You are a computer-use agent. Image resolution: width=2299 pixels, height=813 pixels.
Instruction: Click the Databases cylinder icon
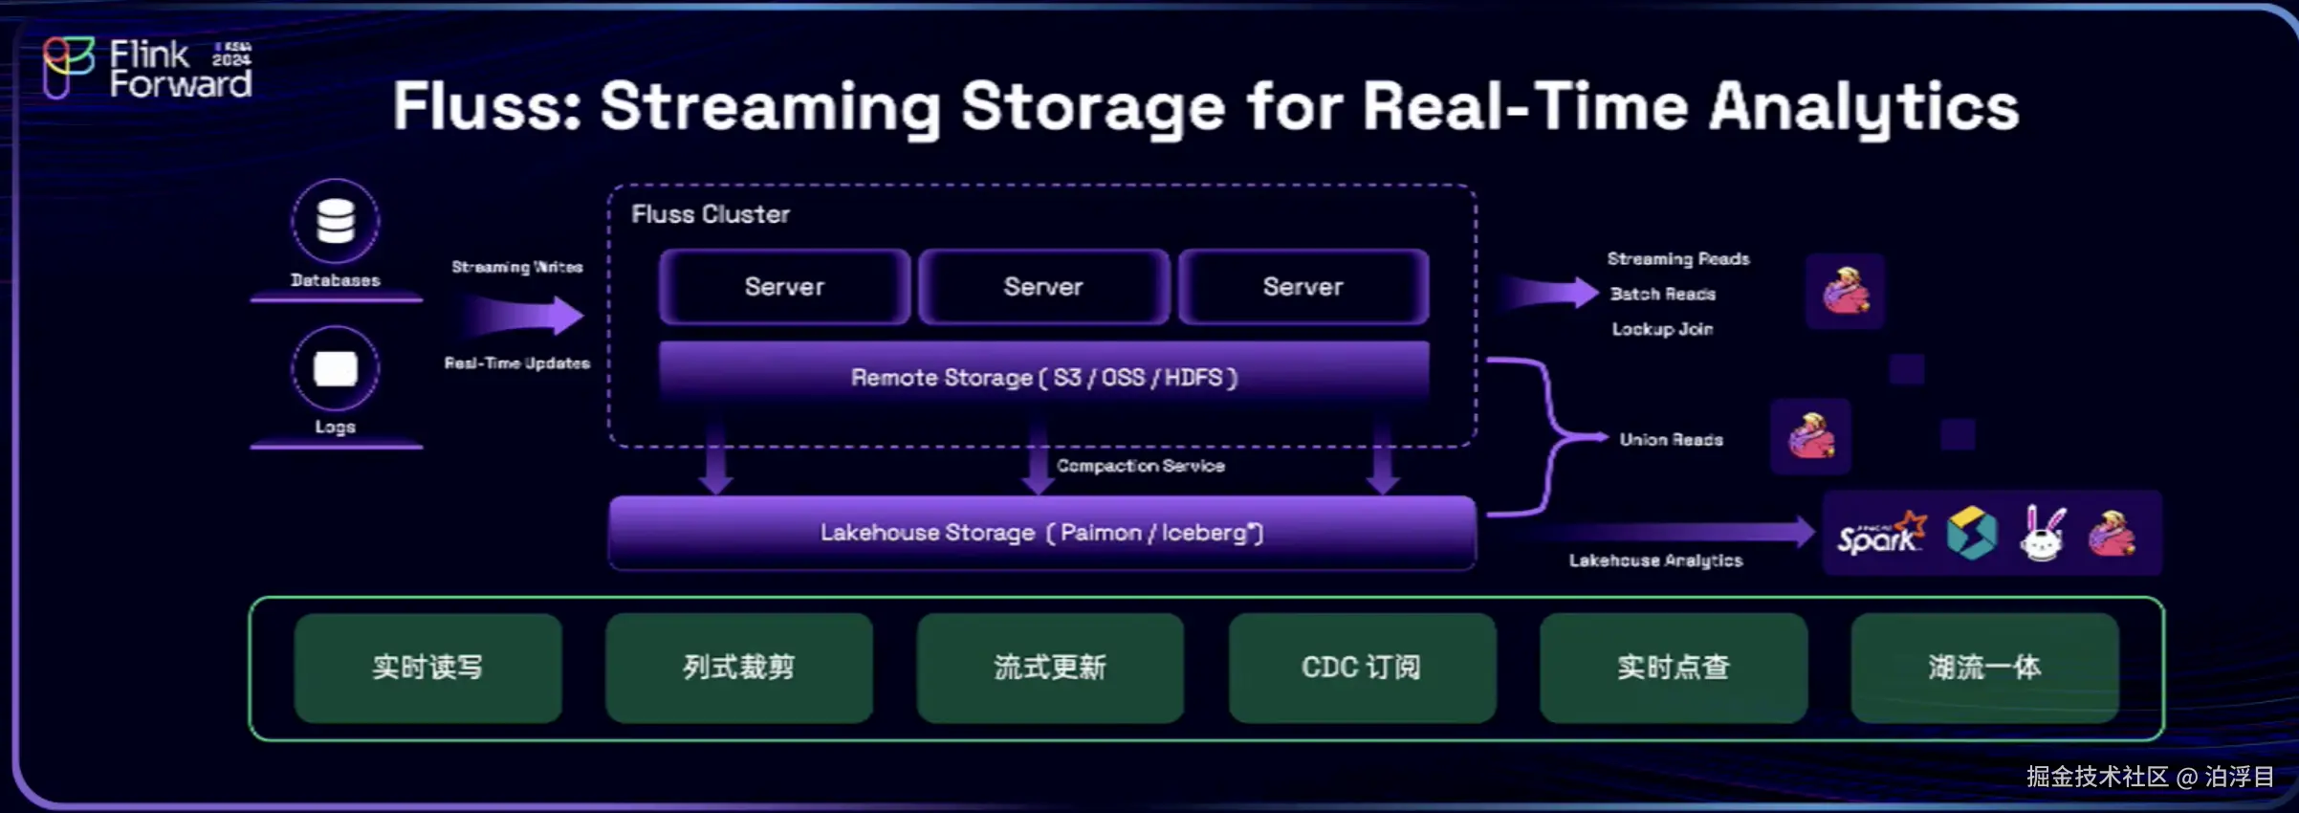tap(336, 221)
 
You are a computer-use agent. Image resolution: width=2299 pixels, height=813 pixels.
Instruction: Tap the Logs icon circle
tap(336, 368)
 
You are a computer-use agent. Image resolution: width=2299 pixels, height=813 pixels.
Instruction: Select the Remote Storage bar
tap(1043, 377)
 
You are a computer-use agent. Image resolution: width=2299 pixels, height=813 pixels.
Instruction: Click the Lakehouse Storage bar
tap(1041, 532)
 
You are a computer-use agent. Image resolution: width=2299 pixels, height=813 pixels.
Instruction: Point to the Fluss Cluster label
tap(711, 214)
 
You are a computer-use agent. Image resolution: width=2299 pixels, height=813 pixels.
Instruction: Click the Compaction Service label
tap(1140, 466)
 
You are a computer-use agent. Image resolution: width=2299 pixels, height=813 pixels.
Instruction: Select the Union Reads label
tap(1671, 440)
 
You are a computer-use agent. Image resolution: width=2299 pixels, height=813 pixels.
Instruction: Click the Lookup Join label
tap(1662, 329)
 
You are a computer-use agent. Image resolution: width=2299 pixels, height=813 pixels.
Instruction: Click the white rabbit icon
tap(2042, 534)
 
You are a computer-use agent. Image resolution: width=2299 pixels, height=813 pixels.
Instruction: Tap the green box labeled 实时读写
tap(427, 667)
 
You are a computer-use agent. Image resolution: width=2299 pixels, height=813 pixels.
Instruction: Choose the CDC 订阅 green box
tap(1361, 667)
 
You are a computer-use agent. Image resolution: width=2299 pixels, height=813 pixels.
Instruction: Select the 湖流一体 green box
tap(1984, 667)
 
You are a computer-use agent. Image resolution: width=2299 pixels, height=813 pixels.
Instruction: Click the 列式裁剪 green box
tap(738, 667)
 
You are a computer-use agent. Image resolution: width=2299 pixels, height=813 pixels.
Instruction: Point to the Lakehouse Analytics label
tap(1655, 560)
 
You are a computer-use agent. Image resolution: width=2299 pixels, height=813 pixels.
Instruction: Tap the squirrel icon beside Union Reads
tap(1810, 437)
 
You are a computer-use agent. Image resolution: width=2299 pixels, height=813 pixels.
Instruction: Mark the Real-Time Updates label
tap(516, 363)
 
